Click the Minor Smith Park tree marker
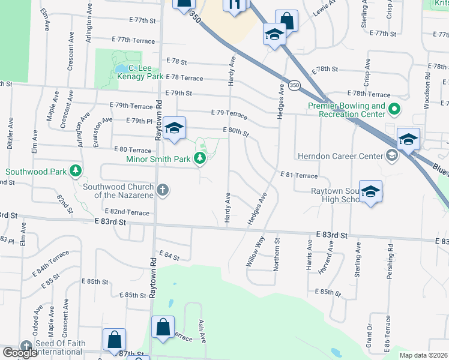[200, 159]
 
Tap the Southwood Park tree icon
[76, 172]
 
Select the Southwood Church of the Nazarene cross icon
[162, 191]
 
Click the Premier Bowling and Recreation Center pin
[394, 110]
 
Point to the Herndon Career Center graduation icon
[392, 157]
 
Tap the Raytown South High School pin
[370, 192]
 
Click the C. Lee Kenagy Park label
[140, 72]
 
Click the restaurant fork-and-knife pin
[234, 5]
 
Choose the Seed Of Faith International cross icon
[26, 347]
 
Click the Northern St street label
[277, 254]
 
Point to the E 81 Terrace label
[298, 175]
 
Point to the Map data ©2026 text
[423, 355]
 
